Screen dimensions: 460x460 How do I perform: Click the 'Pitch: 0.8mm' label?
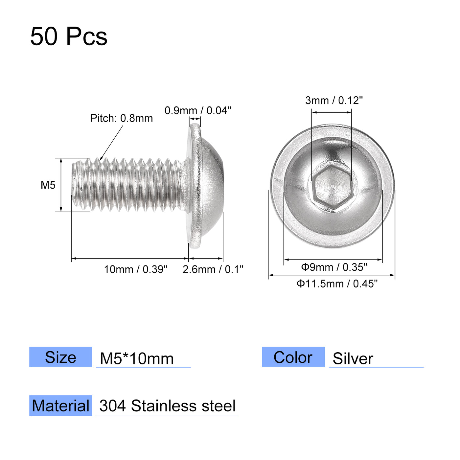click(122, 118)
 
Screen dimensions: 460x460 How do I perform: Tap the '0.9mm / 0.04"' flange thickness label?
click(198, 110)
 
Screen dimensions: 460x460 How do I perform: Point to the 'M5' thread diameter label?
click(48, 185)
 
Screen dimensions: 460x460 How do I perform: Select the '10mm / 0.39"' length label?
click(136, 269)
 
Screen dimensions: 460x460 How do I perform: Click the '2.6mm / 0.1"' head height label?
click(213, 269)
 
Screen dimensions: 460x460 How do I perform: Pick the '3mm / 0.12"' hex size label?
click(334, 101)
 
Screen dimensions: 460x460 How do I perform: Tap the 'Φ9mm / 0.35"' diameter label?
click(334, 267)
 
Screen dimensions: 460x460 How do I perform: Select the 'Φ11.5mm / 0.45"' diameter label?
click(337, 284)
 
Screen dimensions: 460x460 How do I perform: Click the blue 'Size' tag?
click(61, 357)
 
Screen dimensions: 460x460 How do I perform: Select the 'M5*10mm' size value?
click(137, 358)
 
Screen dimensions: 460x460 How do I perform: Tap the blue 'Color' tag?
click(293, 357)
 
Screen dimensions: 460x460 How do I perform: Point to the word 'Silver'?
click(353, 358)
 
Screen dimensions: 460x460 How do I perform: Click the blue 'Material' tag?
click(61, 406)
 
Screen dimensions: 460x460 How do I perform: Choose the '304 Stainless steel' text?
click(168, 406)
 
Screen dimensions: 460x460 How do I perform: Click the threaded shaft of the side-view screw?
click(131, 185)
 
